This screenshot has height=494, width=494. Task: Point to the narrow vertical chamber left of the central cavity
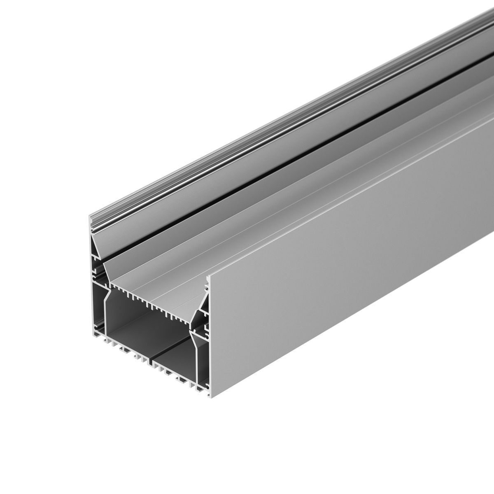tap(99, 313)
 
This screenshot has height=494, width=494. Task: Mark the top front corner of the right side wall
tap(211, 275)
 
